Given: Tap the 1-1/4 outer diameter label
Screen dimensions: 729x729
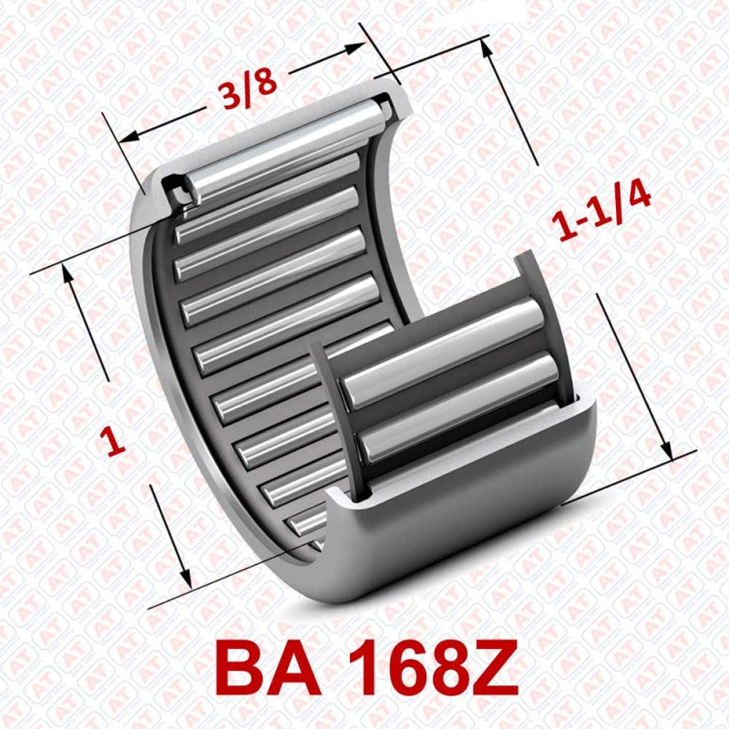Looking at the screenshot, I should [603, 215].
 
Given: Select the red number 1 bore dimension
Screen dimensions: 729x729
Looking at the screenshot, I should [114, 442].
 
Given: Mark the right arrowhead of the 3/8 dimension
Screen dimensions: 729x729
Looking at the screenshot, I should [362, 48].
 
